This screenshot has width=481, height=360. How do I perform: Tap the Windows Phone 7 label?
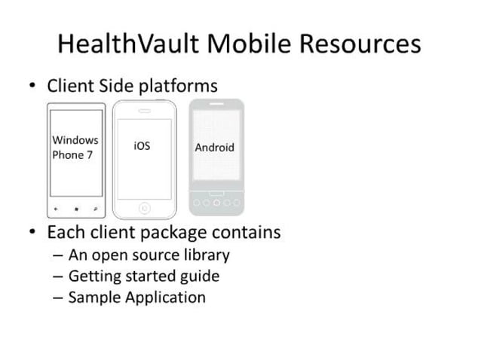(75, 148)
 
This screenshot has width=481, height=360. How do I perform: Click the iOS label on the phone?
(142, 146)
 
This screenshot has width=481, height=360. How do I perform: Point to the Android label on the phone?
(214, 148)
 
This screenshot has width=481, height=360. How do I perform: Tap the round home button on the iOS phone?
(144, 206)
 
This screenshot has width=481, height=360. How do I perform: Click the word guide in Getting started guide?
(200, 276)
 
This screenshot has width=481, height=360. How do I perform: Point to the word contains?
(247, 232)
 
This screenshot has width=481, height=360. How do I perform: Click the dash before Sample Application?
(57, 297)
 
